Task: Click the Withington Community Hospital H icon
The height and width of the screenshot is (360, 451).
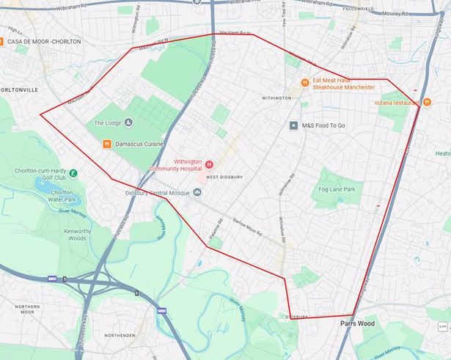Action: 209,164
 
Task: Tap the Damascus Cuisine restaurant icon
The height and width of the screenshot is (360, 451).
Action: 107,144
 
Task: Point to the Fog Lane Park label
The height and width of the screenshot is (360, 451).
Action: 337,190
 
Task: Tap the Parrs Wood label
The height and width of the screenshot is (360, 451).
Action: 358,323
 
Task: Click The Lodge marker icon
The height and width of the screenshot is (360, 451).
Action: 129,122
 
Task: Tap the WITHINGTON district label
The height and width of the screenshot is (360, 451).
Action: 276,98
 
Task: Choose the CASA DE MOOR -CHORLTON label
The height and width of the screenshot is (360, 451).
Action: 44,42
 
